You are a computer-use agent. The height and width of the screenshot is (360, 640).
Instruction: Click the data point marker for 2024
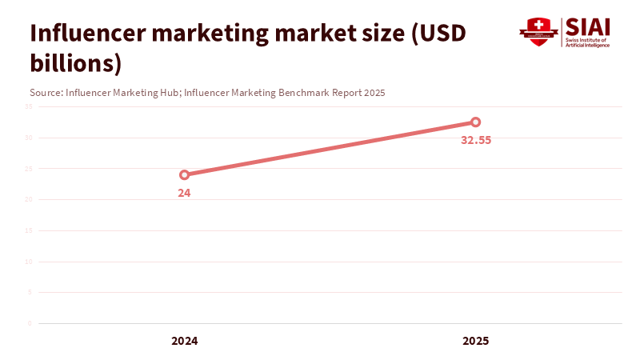pyautogui.click(x=184, y=174)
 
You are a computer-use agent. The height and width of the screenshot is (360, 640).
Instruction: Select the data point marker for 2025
pyautogui.click(x=475, y=122)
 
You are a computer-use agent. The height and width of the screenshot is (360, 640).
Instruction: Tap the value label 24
pyautogui.click(x=184, y=193)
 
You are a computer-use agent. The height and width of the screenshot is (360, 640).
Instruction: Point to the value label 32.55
pyautogui.click(x=475, y=140)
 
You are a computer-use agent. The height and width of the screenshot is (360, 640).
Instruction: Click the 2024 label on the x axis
pyautogui.click(x=184, y=341)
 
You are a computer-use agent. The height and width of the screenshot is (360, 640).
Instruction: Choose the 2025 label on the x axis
pyautogui.click(x=475, y=341)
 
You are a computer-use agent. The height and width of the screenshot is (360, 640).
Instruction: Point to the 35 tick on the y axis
pyautogui.click(x=28, y=106)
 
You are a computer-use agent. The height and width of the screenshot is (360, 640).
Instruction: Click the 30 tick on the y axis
pyautogui.click(x=28, y=138)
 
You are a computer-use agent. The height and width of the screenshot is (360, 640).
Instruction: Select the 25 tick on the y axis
pyautogui.click(x=28, y=169)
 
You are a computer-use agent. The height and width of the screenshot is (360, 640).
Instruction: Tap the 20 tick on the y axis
pyautogui.click(x=28, y=199)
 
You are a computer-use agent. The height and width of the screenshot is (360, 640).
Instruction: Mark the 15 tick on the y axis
pyautogui.click(x=28, y=230)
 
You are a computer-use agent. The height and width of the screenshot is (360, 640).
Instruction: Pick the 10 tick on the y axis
pyautogui.click(x=28, y=262)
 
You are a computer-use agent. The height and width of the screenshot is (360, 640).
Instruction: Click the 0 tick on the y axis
pyautogui.click(x=30, y=323)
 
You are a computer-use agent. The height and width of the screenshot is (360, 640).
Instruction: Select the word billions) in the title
pyautogui.click(x=75, y=62)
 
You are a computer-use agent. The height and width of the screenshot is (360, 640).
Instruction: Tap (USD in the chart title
pyautogui.click(x=439, y=34)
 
